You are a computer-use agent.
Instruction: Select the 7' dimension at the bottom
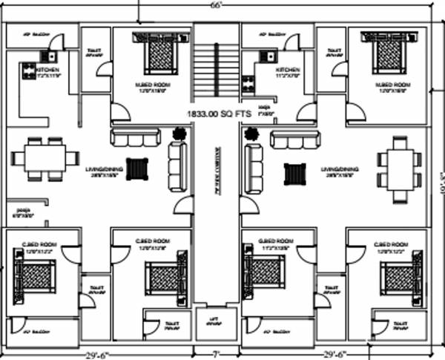tap(217, 353)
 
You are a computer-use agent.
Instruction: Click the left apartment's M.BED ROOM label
tap(153, 85)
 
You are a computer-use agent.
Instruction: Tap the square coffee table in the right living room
tap(295, 174)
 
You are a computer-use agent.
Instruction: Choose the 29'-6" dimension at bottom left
tap(96, 354)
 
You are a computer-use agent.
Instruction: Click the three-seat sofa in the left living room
tap(134, 137)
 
